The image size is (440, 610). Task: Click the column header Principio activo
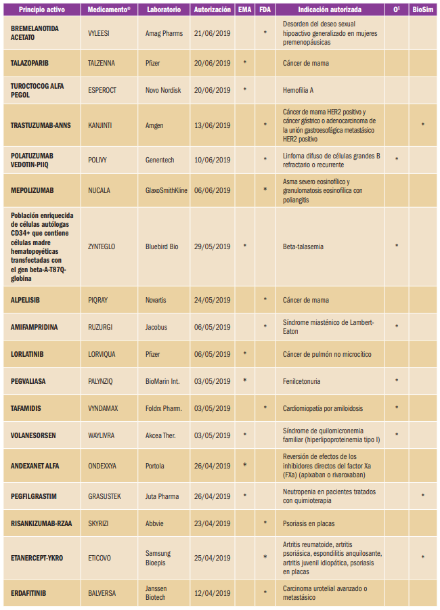click(x=41, y=11)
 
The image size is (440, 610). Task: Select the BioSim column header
click(x=422, y=11)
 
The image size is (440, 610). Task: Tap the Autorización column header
click(x=212, y=11)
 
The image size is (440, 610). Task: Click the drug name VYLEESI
click(x=101, y=33)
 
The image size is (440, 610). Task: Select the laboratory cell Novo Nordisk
click(x=164, y=89)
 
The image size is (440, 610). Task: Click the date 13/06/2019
click(x=212, y=125)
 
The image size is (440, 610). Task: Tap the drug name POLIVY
click(x=99, y=160)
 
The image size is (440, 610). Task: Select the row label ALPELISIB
click(x=26, y=299)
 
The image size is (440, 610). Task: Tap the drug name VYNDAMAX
click(x=104, y=408)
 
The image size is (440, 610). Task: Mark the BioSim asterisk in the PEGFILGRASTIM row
click(x=422, y=495)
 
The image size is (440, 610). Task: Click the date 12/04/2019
click(x=212, y=593)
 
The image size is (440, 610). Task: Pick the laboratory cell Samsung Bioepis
click(x=160, y=557)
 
